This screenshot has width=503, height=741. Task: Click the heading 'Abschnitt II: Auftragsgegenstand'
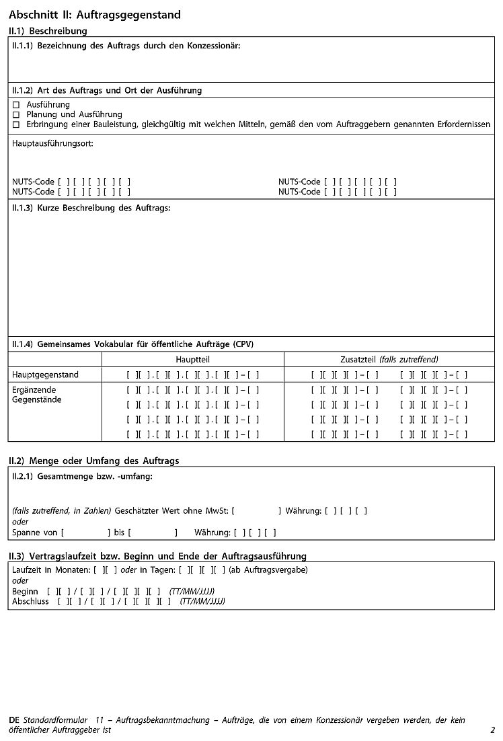[95, 15]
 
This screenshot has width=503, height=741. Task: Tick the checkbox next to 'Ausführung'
[16, 105]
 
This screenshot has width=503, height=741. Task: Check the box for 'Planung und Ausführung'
[16, 115]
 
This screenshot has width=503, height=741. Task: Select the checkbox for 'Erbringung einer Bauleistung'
[16, 124]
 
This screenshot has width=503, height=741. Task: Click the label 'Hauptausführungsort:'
[52, 143]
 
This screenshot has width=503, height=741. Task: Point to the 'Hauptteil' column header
[192, 359]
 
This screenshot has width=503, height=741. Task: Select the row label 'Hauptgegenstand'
[45, 375]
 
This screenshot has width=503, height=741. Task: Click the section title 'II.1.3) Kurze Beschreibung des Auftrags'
[91, 208]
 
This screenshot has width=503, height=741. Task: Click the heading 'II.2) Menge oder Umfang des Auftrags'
[93, 461]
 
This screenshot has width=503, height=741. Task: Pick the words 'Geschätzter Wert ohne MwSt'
[171, 511]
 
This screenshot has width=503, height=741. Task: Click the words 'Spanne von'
[35, 533]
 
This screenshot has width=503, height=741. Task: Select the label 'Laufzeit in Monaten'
[50, 570]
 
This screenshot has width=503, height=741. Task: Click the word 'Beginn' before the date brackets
[26, 591]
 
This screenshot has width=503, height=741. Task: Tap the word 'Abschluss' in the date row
[30, 601]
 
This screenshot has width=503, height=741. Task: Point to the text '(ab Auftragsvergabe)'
[268, 570]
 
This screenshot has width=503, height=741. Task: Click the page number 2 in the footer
[492, 730]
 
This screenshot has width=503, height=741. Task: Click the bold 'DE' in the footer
[14, 720]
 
